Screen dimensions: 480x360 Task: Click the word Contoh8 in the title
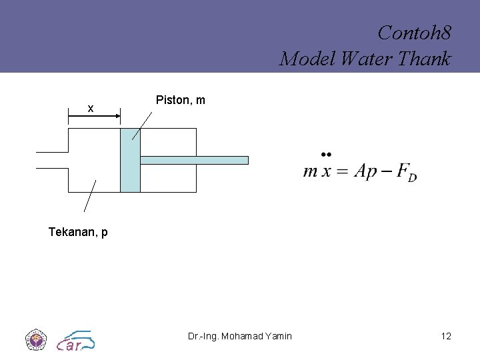[413, 32]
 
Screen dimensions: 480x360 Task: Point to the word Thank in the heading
[424, 59]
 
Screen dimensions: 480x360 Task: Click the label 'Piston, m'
[180, 100]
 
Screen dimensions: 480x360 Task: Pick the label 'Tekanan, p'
[78, 232]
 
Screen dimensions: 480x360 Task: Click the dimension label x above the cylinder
[91, 109]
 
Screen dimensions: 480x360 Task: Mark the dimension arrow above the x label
[94, 117]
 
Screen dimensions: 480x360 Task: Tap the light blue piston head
[130, 160]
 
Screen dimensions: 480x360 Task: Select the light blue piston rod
[193, 160]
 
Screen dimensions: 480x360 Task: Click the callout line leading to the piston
[142, 125]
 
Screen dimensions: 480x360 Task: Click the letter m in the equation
[310, 171]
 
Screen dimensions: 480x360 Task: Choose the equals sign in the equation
[343, 171]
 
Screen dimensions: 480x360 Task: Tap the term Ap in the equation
[365, 171]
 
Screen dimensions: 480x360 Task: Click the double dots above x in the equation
[326, 153]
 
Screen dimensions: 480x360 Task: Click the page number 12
[446, 336]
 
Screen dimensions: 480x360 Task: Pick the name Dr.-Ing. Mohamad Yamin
[239, 336]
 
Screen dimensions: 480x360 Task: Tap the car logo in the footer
[75, 340]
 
